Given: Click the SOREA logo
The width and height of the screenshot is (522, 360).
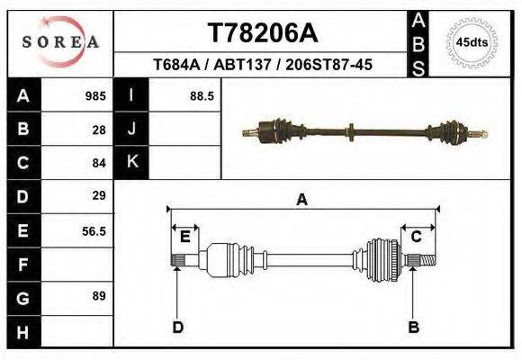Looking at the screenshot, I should (x=60, y=42).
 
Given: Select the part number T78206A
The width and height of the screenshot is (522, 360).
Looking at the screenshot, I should (x=262, y=33).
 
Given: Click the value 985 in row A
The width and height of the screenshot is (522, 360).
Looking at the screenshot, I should (x=95, y=96).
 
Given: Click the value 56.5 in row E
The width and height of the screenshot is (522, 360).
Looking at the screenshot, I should (x=94, y=230).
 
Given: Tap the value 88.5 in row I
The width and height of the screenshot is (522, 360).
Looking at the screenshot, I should (x=202, y=96).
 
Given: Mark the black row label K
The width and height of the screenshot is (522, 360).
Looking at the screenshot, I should (x=132, y=162).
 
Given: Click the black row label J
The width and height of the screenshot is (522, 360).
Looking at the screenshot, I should (x=132, y=130).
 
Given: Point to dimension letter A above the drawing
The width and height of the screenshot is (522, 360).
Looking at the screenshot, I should (x=301, y=200).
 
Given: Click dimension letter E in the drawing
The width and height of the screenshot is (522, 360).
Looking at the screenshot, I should (x=184, y=237).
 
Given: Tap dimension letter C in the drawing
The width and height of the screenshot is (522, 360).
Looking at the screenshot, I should (x=417, y=237).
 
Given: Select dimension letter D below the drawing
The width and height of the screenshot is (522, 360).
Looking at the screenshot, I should (x=177, y=327).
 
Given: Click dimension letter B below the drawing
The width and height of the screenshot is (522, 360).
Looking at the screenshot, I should (x=414, y=327).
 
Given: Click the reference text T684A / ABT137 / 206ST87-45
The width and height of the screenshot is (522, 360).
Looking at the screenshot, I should (x=263, y=66).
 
